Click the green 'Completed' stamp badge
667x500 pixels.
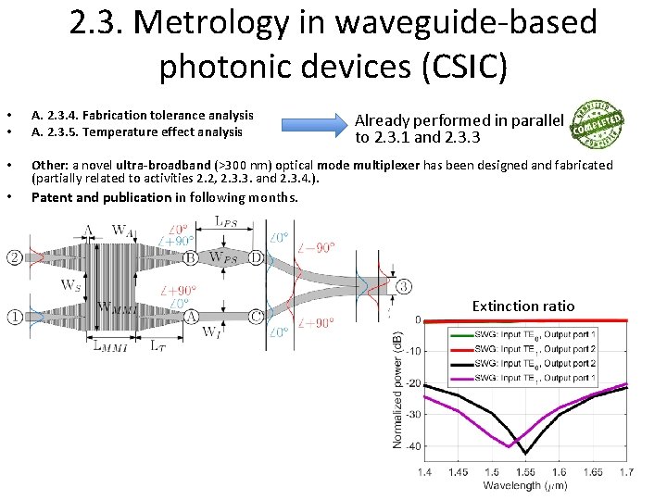point(598,123)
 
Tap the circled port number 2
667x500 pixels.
point(15,256)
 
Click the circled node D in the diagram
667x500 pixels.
point(255,257)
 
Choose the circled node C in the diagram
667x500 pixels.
point(255,316)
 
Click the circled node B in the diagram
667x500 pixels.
point(190,257)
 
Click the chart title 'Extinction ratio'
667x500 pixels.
point(522,306)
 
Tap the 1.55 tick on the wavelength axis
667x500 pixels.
point(525,472)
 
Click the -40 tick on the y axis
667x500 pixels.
point(413,445)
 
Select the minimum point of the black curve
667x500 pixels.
point(525,453)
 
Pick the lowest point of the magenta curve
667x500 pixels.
point(509,446)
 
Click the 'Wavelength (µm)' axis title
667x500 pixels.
point(525,485)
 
